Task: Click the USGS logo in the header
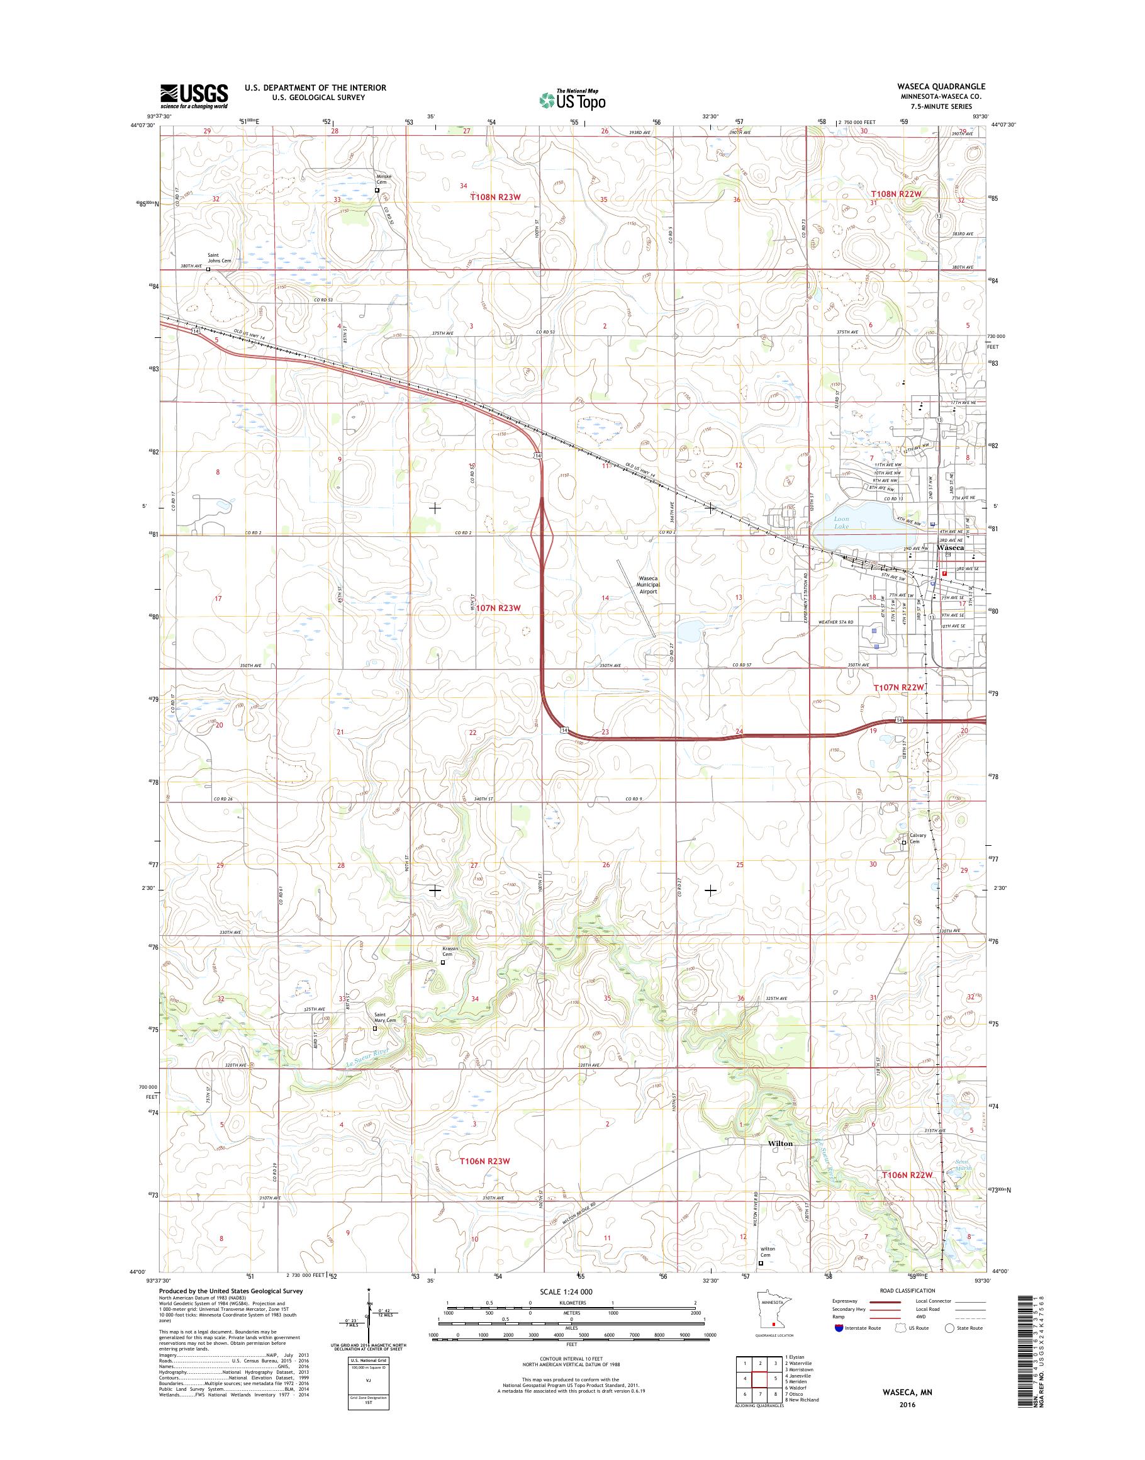194,96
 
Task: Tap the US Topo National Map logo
572,99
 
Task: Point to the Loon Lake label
841,522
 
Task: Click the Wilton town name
779,1143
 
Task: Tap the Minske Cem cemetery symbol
377,190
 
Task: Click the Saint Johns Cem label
219,257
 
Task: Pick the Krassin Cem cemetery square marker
442,962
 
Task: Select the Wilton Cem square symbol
760,1263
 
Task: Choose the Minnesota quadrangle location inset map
770,1320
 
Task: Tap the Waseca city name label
951,548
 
